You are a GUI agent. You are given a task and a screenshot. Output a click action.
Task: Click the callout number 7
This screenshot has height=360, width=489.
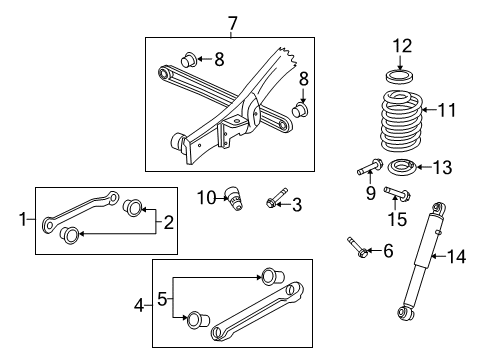(x=232, y=22)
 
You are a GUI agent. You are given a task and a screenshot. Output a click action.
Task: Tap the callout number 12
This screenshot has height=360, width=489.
(x=402, y=45)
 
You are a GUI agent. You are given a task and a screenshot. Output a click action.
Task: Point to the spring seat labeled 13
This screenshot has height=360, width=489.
(x=402, y=166)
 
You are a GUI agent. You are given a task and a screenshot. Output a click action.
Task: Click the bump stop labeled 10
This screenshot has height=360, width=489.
(x=236, y=197)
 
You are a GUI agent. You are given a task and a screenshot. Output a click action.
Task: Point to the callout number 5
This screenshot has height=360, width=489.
(x=162, y=298)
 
